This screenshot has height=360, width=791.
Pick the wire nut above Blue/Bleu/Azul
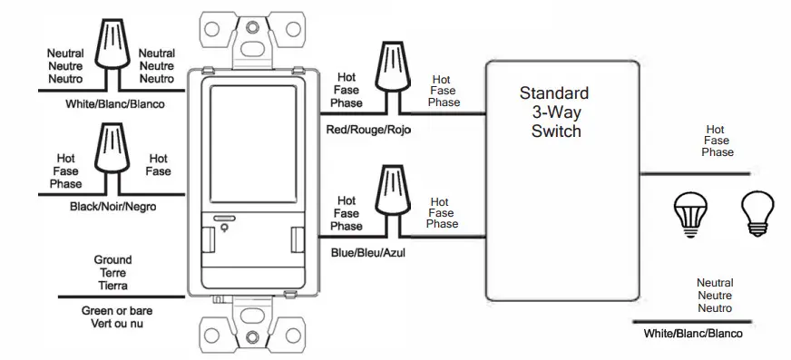pyautogui.click(x=393, y=195)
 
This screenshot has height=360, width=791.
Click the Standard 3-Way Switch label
pyautogui.click(x=554, y=112)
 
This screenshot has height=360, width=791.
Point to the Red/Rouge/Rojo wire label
pyautogui.click(x=368, y=131)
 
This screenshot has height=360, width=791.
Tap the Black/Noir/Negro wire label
pyautogui.click(x=113, y=208)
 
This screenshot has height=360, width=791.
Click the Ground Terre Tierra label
pyautogui.click(x=112, y=272)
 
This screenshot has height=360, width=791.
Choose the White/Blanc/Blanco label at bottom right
pyautogui.click(x=692, y=334)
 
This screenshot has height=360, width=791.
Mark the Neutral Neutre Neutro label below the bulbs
pyautogui.click(x=714, y=295)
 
